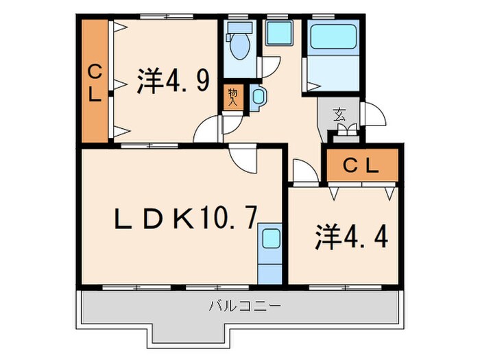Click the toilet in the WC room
coord(240,43)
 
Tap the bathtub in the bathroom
coord(333,37)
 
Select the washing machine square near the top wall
coord(278,33)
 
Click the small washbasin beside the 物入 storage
coord(259,97)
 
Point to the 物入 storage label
coord(233,96)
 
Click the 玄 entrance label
coord(339,115)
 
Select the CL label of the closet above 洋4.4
coord(359,165)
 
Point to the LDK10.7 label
coord(185,219)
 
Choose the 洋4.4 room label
coord(351,237)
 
